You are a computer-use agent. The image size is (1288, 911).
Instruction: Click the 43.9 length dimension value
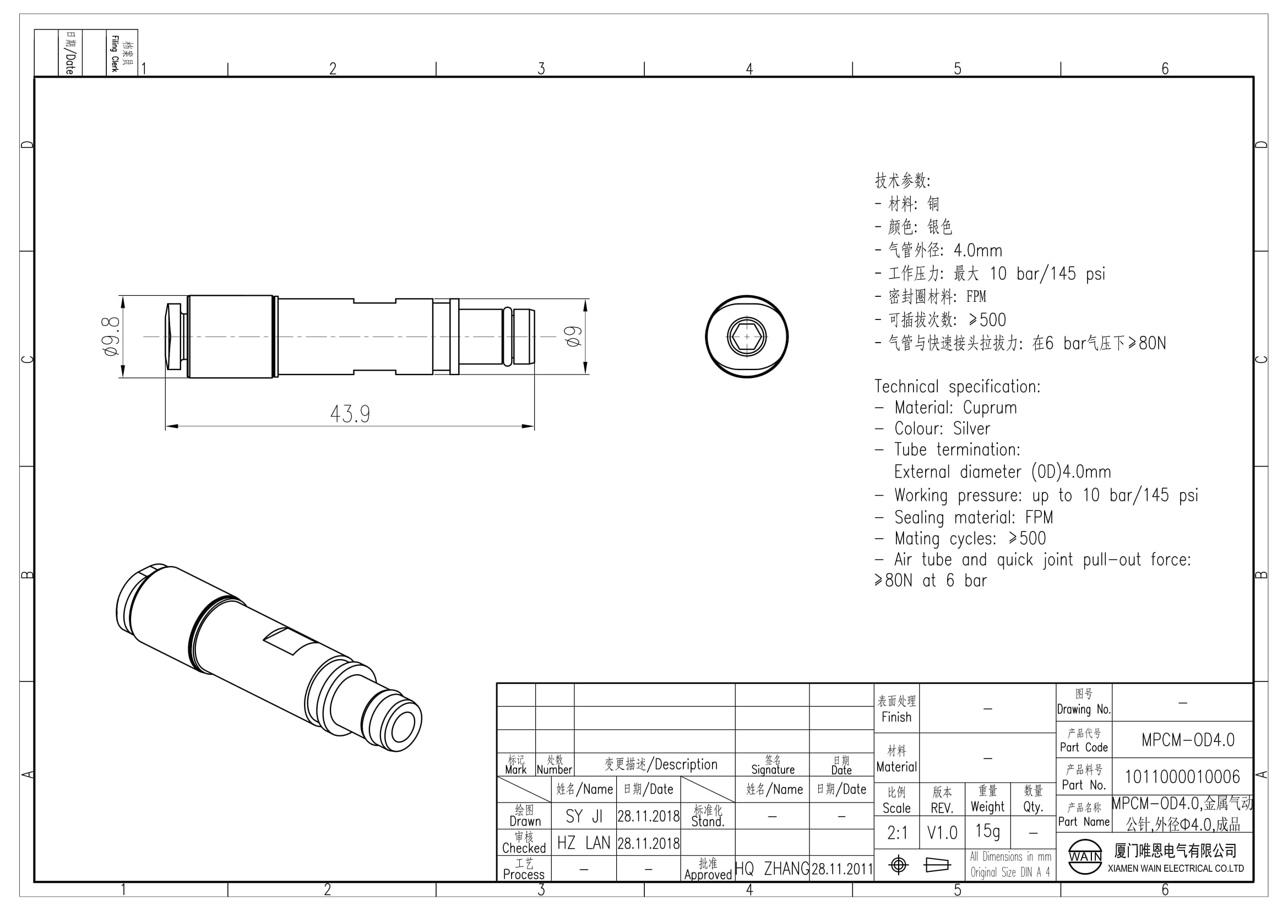tap(350, 414)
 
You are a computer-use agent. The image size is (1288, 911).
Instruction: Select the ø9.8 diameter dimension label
tap(110, 337)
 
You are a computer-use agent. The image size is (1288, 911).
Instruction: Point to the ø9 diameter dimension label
tap(573, 337)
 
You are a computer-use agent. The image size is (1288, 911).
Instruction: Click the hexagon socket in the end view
tap(747, 337)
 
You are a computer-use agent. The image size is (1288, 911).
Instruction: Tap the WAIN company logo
tap(1085, 856)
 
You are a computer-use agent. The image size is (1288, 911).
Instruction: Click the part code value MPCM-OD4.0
tap(1188, 740)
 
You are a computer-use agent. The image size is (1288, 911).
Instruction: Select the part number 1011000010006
tap(1182, 777)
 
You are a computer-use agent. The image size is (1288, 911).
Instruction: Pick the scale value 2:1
tap(897, 833)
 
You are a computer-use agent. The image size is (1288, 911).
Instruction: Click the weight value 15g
tap(987, 831)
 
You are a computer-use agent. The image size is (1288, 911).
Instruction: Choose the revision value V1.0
tap(942, 833)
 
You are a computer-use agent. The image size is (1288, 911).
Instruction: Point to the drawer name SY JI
tap(583, 816)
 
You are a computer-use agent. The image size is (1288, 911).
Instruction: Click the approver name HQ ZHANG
tap(772, 869)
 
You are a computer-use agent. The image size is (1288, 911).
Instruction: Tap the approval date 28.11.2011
tap(842, 870)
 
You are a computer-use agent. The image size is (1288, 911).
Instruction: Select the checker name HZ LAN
tap(583, 843)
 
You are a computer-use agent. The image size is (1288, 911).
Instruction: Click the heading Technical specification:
tap(957, 387)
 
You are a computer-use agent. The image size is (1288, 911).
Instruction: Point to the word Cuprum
tap(990, 408)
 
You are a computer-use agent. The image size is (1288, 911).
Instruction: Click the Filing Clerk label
tap(115, 53)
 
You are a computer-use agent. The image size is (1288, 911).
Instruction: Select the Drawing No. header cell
tap(1084, 702)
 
